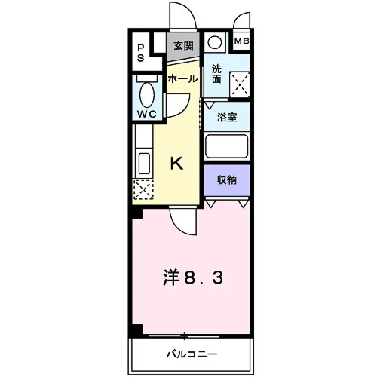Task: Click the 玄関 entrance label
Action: click(x=184, y=46)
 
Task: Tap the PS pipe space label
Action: click(x=141, y=53)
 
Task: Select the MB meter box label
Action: click(x=241, y=41)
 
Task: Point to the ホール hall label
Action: click(x=182, y=79)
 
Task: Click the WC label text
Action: click(x=147, y=115)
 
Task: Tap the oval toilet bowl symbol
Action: click(x=147, y=95)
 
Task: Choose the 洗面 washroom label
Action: click(x=216, y=74)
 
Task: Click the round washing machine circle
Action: click(x=214, y=42)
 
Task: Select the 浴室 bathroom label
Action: click(x=227, y=118)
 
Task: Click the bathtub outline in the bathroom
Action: click(x=226, y=146)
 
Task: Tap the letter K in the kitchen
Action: click(x=177, y=163)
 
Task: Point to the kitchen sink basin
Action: click(x=144, y=163)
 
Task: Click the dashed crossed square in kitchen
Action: click(x=143, y=190)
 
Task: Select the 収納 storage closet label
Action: click(x=227, y=180)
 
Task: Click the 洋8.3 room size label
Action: click(x=193, y=278)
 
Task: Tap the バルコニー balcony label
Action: click(x=192, y=354)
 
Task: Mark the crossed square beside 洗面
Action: click(x=240, y=84)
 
